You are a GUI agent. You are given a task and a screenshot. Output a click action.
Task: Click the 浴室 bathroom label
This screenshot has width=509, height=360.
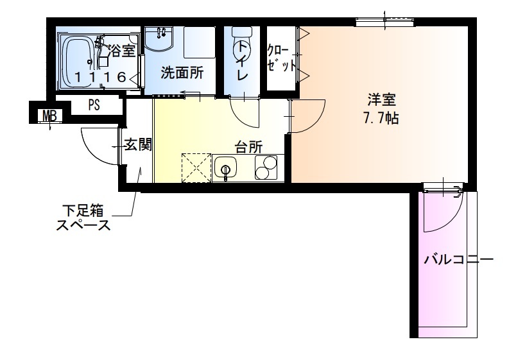tap(123, 51)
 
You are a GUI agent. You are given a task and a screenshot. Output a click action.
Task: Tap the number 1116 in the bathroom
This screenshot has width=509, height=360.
tap(99, 77)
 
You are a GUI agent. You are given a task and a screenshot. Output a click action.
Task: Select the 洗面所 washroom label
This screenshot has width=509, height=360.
tap(182, 73)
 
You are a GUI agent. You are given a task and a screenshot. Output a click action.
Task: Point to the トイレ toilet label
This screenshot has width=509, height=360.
tap(243, 61)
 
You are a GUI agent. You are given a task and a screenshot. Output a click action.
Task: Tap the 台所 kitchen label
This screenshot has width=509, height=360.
tap(248, 147)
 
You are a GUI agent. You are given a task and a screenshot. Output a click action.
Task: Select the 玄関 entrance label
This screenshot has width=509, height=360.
tap(137, 146)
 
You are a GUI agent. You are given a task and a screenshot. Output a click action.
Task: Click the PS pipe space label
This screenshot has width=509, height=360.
tap(94, 106)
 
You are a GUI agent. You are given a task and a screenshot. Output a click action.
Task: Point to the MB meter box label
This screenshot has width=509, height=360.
tap(48, 116)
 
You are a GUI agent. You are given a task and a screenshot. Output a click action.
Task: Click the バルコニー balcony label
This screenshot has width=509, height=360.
tap(458, 260)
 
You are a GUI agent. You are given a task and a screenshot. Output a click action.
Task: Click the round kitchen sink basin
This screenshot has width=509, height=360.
tap(225, 170)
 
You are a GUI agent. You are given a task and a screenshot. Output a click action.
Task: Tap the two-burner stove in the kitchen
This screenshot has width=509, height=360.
tap(264, 167)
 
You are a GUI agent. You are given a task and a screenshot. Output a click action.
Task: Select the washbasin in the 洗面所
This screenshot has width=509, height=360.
tap(159, 40)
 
